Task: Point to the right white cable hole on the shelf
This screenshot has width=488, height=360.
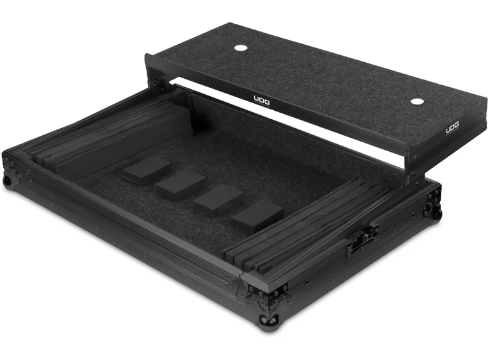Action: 417,102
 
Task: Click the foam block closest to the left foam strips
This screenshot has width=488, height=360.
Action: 147,170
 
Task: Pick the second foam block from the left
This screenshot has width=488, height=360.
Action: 180,184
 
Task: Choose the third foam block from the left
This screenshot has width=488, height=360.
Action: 218,199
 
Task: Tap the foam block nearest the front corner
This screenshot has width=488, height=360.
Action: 257,217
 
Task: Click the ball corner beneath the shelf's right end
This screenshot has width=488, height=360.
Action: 436,211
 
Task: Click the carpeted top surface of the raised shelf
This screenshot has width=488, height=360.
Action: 320,70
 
